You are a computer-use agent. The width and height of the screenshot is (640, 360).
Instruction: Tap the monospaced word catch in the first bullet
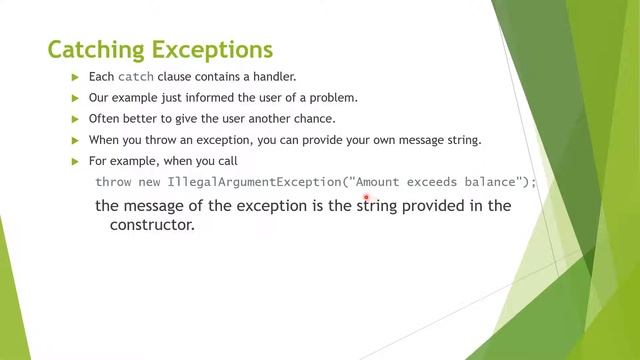[x=136, y=77]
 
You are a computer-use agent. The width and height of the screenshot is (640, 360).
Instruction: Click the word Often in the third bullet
[x=105, y=119]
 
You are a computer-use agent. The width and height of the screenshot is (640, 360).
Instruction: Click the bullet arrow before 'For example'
[x=75, y=161]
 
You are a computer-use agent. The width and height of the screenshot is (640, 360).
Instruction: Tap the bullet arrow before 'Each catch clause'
[x=75, y=77]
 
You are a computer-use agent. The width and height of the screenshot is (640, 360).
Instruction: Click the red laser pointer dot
[x=367, y=198]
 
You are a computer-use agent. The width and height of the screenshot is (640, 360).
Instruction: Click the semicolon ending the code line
[x=534, y=182]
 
